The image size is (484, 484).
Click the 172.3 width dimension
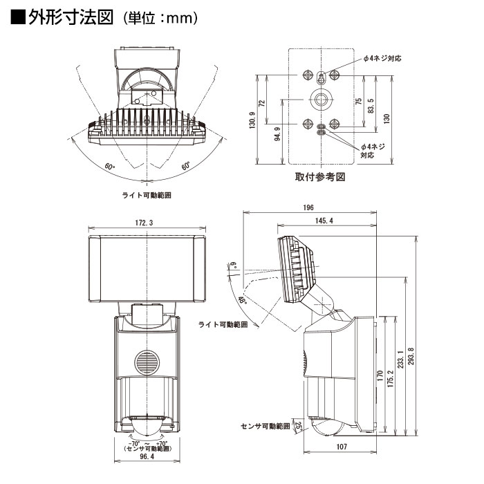pyautogui.click(x=144, y=223)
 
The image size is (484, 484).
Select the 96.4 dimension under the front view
pyautogui.click(x=147, y=456)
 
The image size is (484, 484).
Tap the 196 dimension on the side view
pyautogui.click(x=308, y=207)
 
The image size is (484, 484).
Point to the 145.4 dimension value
pyautogui.click(x=324, y=221)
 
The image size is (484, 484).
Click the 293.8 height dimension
pyautogui.click(x=411, y=356)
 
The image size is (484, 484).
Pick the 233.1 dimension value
pyautogui.click(x=400, y=360)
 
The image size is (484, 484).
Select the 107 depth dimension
pyautogui.click(x=342, y=447)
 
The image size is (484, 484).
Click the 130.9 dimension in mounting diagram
pyautogui.click(x=252, y=120)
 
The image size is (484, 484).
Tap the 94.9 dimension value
pyautogui.click(x=277, y=134)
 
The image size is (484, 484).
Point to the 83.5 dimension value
pyautogui.click(x=371, y=106)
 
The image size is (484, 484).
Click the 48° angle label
pyautogui.click(x=243, y=300)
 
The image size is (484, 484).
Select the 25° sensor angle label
pyautogui.click(x=299, y=427)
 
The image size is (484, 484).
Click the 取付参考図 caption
pyautogui.click(x=319, y=177)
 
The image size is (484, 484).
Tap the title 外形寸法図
pyautogui.click(x=71, y=17)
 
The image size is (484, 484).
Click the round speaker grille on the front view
pyautogui.click(x=147, y=362)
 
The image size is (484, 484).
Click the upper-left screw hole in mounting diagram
pyautogui.click(x=308, y=75)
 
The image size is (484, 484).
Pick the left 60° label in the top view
pyautogui.click(x=109, y=167)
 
